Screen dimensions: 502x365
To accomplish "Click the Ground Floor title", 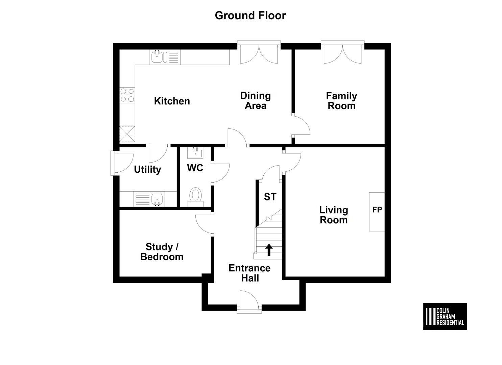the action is pyautogui.click(x=250, y=16).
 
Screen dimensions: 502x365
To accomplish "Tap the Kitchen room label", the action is pyautogui.click(x=172, y=101).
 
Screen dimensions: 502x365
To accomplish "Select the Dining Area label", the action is pyautogui.click(x=256, y=101).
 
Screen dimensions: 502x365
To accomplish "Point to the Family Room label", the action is pyautogui.click(x=341, y=101).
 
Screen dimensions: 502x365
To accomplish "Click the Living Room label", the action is pyautogui.click(x=334, y=215).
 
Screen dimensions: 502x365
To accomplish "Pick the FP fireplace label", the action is pyautogui.click(x=377, y=210).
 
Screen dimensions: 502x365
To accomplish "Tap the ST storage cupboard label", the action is pyautogui.click(x=270, y=197).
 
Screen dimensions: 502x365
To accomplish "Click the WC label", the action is pyautogui.click(x=195, y=168).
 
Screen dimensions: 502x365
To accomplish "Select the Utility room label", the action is pyautogui.click(x=147, y=170).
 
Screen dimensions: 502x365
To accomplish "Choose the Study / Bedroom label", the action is pyautogui.click(x=162, y=252).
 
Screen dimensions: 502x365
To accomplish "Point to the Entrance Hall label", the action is pyautogui.click(x=250, y=273).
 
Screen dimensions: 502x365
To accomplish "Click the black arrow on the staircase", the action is pyautogui.click(x=269, y=250).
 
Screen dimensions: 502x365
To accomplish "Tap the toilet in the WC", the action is pyautogui.click(x=195, y=197).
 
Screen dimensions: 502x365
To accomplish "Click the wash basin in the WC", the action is pyautogui.click(x=195, y=153).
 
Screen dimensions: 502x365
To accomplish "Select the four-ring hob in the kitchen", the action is pyautogui.click(x=127, y=95).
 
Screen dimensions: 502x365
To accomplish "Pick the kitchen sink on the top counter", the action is pyautogui.click(x=165, y=57).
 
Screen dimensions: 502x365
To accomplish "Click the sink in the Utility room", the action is pyautogui.click(x=149, y=199).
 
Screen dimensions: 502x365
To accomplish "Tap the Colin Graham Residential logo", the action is pyautogui.click(x=445, y=316).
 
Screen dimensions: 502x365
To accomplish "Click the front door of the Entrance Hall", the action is pyautogui.click(x=249, y=301).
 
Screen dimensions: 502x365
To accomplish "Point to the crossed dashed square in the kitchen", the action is pyautogui.click(x=127, y=134).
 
